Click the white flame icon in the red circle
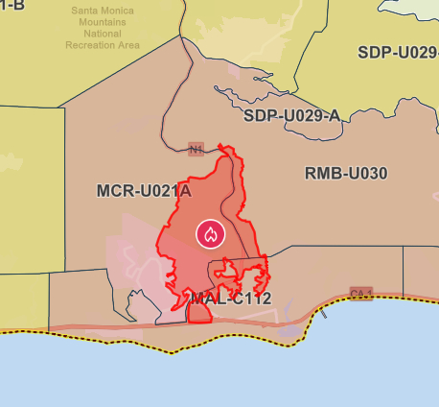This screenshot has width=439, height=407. [x=210, y=233]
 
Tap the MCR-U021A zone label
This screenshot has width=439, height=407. [x=144, y=190]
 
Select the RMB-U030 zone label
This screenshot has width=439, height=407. [x=346, y=174]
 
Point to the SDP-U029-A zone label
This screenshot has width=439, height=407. [x=291, y=116]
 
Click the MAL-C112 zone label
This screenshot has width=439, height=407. [x=230, y=299]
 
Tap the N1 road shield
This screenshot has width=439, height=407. [x=196, y=149]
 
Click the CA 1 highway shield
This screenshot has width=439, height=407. [x=360, y=293]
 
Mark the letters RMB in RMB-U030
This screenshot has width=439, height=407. [x=322, y=174]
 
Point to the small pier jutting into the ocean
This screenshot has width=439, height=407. [x=325, y=313]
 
